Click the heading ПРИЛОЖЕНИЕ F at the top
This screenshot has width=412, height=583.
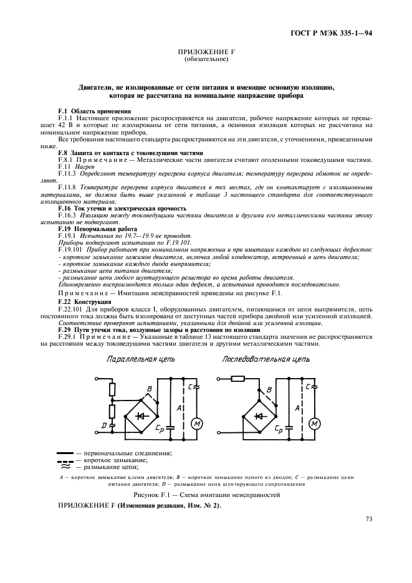coord(206,54)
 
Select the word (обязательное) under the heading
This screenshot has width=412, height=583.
coord(206,60)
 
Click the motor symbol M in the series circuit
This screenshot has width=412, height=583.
coord(315,424)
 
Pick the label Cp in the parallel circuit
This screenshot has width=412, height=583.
coord(160,430)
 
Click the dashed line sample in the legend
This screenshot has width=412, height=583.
coord(65,461)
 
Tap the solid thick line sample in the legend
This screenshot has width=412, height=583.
coord(65,453)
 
